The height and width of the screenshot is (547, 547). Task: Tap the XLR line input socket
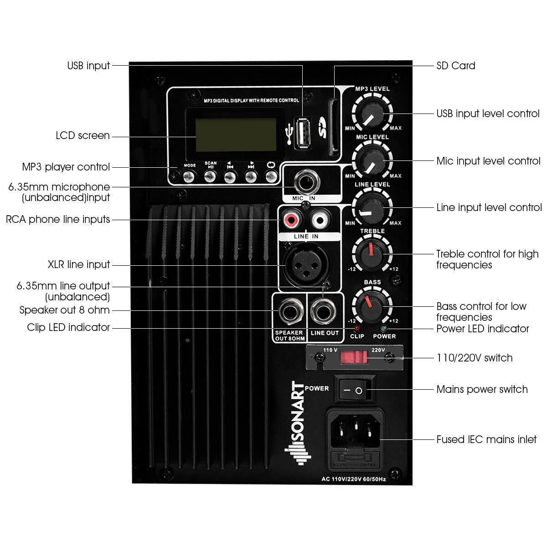click(301, 265)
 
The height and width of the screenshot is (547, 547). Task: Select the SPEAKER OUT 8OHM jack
click(289, 313)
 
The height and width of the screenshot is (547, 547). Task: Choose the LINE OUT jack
click(323, 313)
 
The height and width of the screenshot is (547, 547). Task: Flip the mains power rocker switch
click(354, 390)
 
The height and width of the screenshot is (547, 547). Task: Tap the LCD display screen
click(236, 134)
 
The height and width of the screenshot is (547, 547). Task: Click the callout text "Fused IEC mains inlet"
click(486, 440)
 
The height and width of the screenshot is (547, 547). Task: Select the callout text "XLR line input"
click(79, 265)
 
